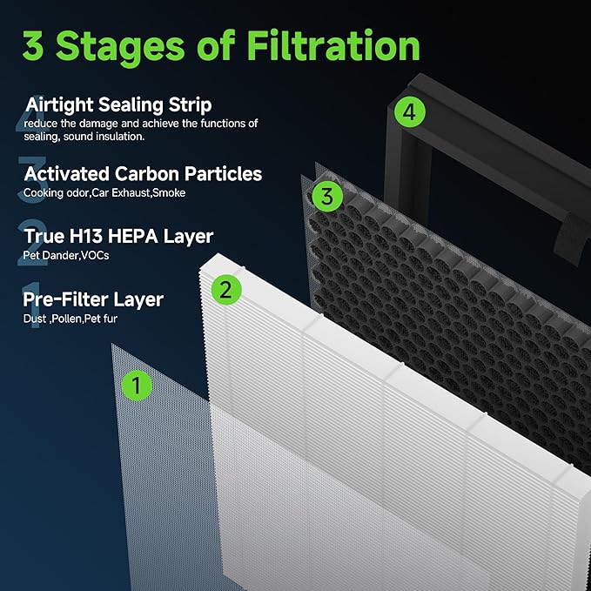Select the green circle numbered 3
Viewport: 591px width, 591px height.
click(326, 196)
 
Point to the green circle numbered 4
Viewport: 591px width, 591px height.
click(412, 111)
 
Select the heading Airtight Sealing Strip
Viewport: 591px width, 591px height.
click(118, 105)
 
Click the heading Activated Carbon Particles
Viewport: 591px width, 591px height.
click(143, 174)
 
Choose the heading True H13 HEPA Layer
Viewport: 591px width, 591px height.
click(118, 237)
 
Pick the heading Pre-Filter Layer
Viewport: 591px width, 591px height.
click(93, 300)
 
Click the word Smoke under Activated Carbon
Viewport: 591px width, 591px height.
click(168, 192)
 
